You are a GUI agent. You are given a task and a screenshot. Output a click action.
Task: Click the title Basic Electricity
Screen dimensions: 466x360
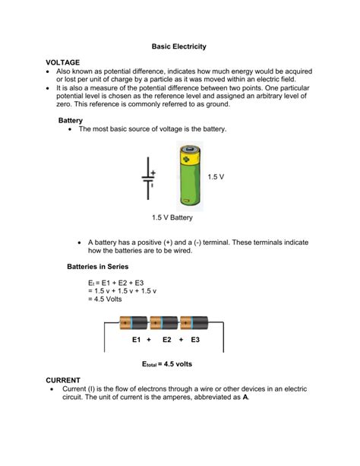(180, 46)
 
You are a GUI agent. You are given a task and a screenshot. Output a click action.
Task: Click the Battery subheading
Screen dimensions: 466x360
(72, 120)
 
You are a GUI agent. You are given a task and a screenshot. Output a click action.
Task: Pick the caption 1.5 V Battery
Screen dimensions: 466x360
(172, 218)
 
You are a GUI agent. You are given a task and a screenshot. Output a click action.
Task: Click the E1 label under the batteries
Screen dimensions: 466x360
(137, 340)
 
